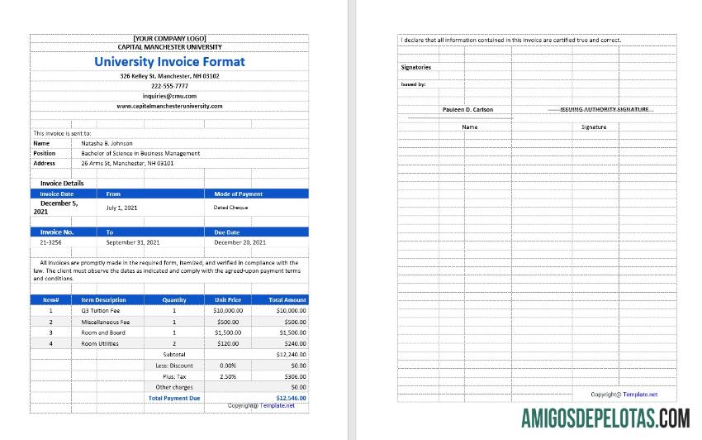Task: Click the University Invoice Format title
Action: (169, 61)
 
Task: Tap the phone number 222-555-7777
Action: (169, 86)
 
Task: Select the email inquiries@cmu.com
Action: (169, 96)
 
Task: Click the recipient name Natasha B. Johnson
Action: (107, 143)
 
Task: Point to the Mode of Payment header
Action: (239, 194)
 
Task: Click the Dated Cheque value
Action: (231, 208)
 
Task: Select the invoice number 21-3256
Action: (50, 242)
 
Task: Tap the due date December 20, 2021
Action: (240, 242)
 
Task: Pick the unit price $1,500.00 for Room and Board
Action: (228, 332)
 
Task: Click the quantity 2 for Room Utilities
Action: (174, 343)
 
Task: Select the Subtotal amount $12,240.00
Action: (291, 354)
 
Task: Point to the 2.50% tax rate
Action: (228, 376)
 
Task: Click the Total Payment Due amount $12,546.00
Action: (291, 398)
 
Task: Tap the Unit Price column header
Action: (228, 299)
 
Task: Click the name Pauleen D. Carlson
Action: (467, 109)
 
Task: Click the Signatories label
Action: (416, 67)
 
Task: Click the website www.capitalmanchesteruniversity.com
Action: (169, 106)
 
